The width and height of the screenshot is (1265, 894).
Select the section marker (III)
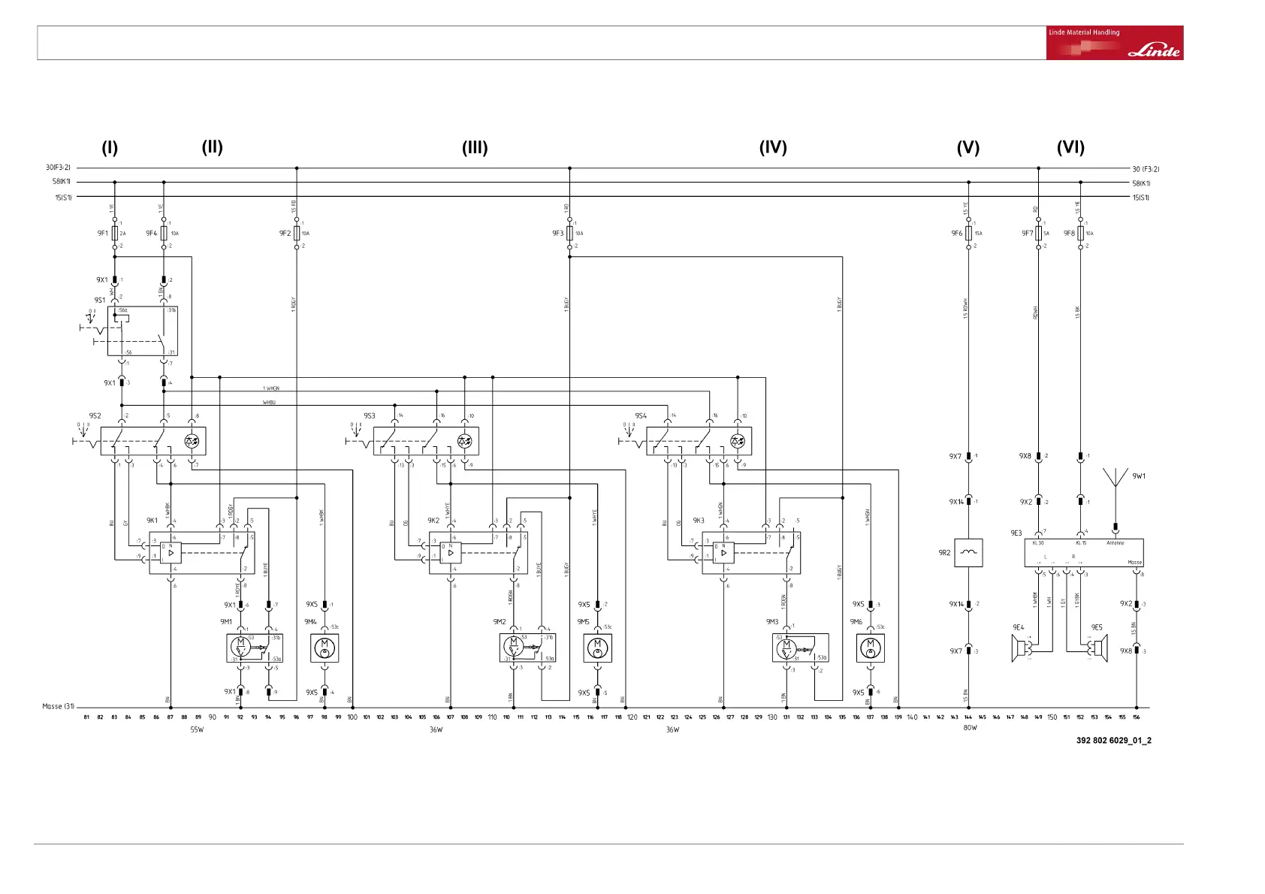(475, 148)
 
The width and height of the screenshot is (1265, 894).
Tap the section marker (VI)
(1070, 147)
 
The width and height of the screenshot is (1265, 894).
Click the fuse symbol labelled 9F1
(115, 233)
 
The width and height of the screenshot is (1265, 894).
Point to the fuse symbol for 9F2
(297, 233)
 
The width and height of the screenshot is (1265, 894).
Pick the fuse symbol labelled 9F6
(968, 233)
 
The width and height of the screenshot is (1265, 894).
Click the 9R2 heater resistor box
(968, 553)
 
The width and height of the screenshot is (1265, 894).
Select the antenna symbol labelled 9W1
(1116, 481)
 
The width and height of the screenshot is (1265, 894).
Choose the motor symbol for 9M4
(325, 648)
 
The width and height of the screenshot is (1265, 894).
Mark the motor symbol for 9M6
(871, 648)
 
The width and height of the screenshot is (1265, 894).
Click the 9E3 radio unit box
(1084, 553)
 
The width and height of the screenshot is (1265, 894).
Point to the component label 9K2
(433, 520)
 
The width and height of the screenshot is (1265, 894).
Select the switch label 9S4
(640, 415)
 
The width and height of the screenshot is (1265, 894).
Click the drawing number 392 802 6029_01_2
(1113, 740)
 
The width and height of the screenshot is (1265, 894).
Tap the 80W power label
(970, 728)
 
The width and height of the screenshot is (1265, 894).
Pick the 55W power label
(197, 729)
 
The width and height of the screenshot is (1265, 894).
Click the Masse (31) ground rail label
(58, 706)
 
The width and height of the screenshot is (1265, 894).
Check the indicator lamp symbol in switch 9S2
(192, 441)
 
